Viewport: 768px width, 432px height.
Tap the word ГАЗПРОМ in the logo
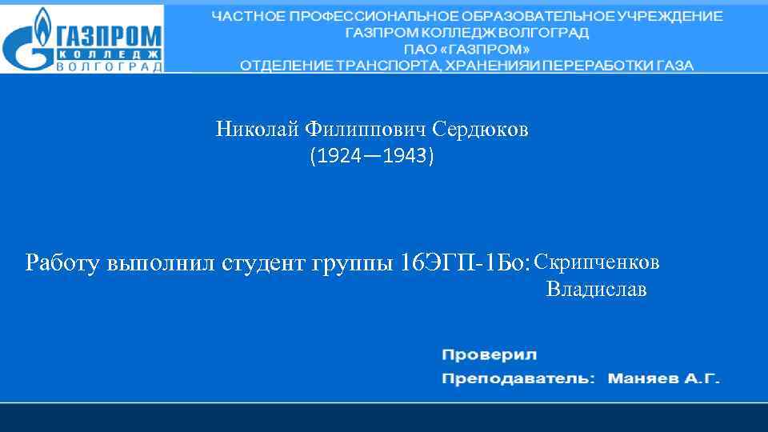(x=109, y=35)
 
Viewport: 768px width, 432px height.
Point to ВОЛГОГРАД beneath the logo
(x=109, y=66)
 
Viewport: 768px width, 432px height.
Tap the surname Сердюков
(x=480, y=130)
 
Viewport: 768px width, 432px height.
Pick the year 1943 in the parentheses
(x=405, y=156)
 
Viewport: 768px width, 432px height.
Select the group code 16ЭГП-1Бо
(x=464, y=262)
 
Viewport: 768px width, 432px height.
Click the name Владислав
(x=597, y=289)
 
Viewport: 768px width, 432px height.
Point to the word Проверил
(x=489, y=354)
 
